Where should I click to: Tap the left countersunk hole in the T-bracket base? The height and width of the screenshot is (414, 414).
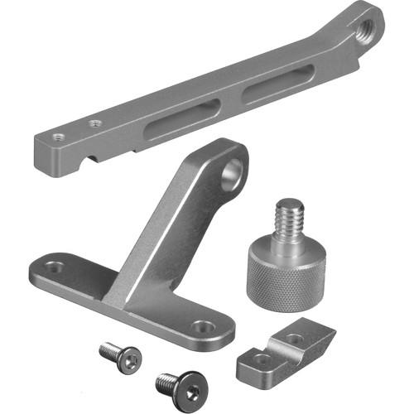point(54,268)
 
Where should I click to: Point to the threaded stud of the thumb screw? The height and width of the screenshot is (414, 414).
point(290,219)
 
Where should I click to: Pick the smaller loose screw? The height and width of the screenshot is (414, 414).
point(120,354)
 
